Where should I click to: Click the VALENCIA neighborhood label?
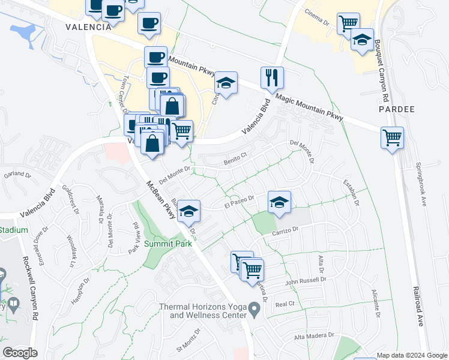[x=88, y=27]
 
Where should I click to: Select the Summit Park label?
[x=168, y=244]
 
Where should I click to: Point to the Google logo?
[x=20, y=353]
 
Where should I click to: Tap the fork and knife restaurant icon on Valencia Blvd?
[x=272, y=78]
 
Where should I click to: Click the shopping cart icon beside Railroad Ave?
[x=392, y=137]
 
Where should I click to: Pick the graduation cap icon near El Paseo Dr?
[x=279, y=202]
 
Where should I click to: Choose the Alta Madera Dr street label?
[x=313, y=338]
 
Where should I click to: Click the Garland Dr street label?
[x=16, y=175]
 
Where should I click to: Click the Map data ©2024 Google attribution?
[x=412, y=355]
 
